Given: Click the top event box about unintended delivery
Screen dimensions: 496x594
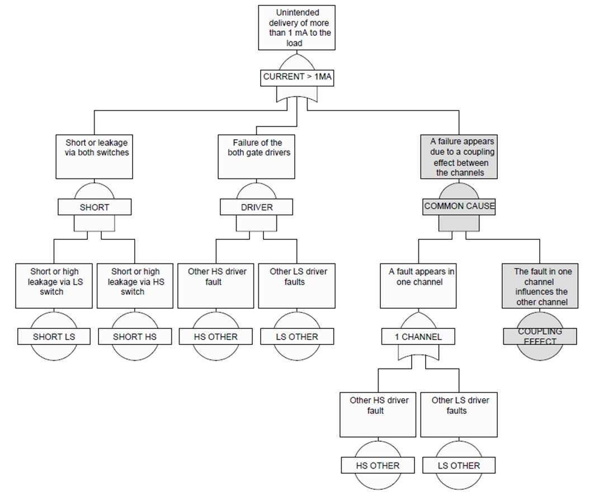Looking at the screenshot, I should tap(297, 28).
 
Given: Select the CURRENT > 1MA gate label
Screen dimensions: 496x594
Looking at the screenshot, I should tap(297, 77).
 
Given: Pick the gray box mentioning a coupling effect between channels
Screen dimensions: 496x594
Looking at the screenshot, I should tap(459, 157).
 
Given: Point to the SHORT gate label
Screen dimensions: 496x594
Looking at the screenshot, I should tap(95, 207).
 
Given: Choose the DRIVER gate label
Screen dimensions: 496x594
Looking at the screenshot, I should tap(256, 207).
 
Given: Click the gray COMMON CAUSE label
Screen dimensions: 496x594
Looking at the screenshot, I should tap(459, 206).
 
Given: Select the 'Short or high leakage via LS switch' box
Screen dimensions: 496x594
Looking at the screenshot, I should tap(54, 286).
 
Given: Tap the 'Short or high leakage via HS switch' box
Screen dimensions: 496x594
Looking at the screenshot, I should tap(135, 286).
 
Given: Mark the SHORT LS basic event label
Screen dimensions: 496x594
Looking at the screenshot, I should tap(54, 337).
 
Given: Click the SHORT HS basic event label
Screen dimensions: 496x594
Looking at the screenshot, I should tap(135, 337).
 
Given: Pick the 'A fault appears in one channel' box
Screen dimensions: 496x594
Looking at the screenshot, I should tap(418, 286).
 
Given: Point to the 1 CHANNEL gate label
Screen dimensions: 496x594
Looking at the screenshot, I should tap(418, 337).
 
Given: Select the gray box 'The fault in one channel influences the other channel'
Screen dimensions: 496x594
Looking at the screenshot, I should tap(540, 286).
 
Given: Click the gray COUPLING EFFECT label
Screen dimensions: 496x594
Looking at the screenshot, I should tap(540, 337).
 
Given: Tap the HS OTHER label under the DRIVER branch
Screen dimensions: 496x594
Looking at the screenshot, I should tap(216, 337).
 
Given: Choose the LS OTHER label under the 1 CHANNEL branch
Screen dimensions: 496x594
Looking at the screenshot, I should tap(459, 465).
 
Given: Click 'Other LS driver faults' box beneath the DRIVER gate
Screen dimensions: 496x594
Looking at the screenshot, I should tap(297, 286).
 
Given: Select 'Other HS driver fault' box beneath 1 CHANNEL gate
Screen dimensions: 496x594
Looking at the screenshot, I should tap(378, 414).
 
